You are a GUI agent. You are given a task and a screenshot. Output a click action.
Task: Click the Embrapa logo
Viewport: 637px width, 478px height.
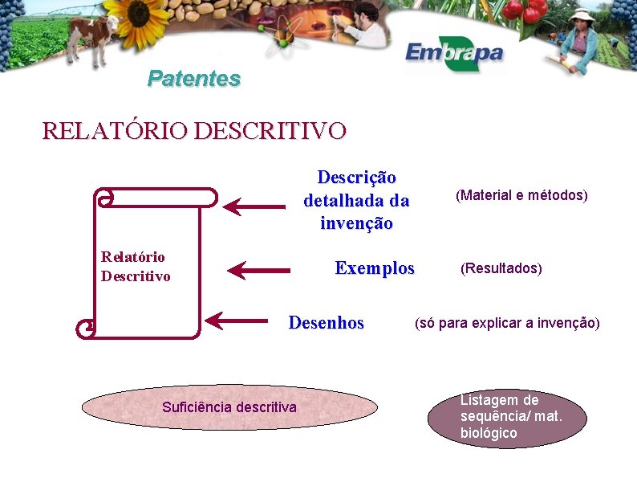point(453,54)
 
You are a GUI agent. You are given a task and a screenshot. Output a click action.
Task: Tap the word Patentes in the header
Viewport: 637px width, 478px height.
point(194,79)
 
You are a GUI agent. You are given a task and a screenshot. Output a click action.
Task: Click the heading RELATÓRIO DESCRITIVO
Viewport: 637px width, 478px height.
point(194,130)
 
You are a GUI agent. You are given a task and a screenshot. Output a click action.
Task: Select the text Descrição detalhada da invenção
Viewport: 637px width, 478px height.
point(356,200)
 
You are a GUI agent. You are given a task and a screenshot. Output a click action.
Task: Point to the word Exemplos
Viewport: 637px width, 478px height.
point(375,268)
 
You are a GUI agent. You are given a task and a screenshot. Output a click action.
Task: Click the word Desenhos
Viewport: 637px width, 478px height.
point(326,323)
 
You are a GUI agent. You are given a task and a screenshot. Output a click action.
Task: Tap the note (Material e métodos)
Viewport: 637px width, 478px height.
point(521,195)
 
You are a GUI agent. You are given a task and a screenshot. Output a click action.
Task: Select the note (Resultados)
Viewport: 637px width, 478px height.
point(501,268)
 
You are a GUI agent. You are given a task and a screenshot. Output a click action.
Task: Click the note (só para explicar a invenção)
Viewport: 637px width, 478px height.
point(506,323)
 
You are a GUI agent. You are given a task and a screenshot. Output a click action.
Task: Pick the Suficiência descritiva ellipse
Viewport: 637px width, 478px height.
point(229,407)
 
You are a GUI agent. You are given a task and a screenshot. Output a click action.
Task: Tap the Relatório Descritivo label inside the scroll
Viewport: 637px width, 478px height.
point(136,267)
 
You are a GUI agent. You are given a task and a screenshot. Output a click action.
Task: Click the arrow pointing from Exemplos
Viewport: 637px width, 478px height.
point(258,270)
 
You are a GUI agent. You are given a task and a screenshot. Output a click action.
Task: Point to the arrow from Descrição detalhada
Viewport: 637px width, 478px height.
point(254,206)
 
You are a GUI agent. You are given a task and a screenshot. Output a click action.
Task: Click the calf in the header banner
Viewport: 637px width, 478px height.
point(92,36)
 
